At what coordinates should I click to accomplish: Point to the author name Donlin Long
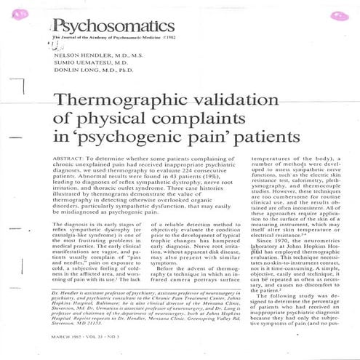click(x=76, y=73)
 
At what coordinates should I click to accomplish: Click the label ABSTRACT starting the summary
click(x=70, y=158)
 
